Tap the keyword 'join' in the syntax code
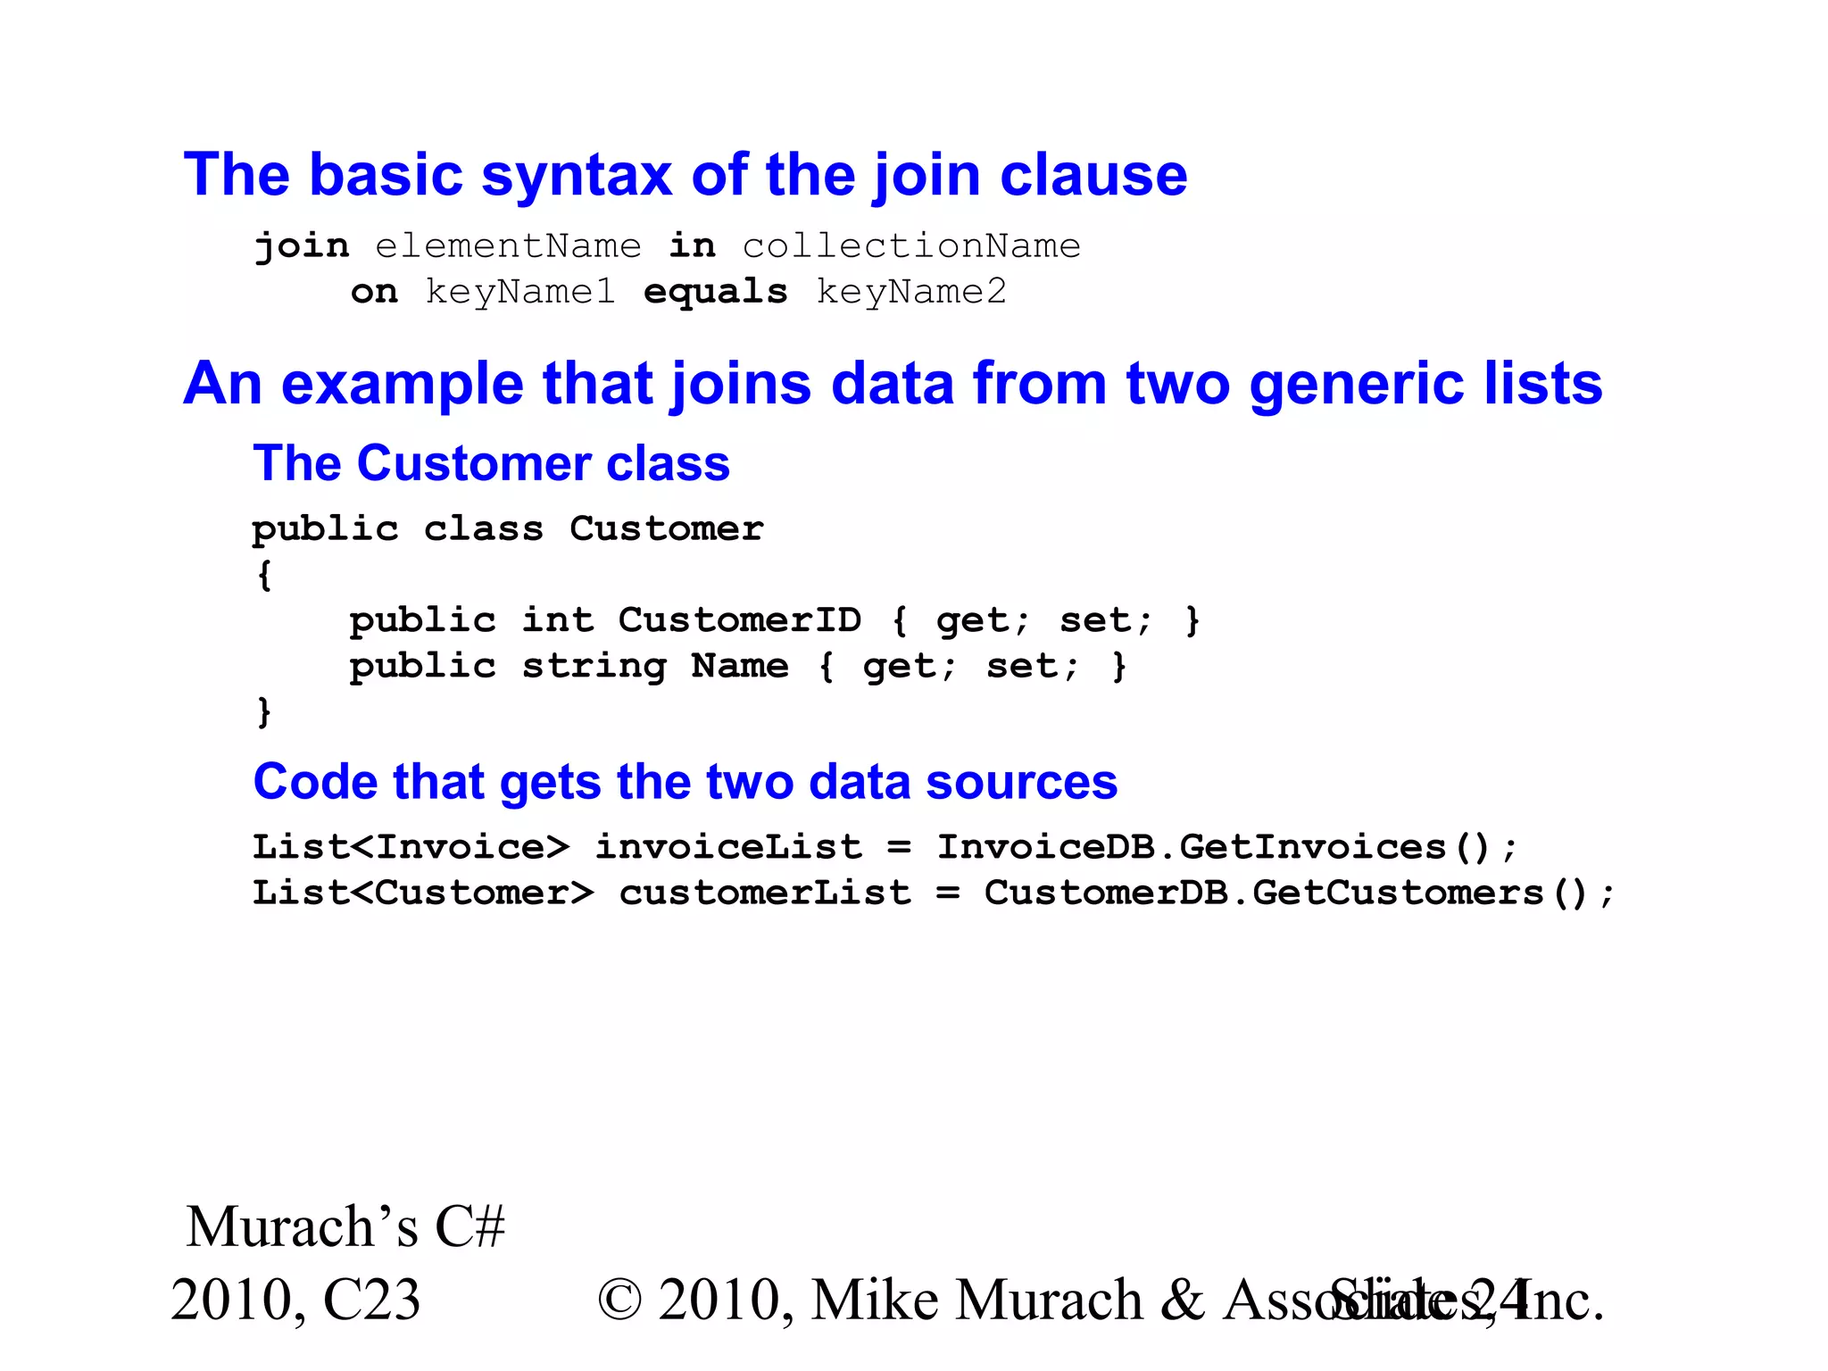[x=302, y=246]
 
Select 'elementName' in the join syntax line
[x=508, y=246]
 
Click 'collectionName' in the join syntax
[x=911, y=246]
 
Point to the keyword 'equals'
[x=716, y=292]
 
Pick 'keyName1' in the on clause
[x=520, y=292]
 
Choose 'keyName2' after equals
[x=911, y=292]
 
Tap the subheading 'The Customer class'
[x=492, y=463]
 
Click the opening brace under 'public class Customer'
[x=264, y=575]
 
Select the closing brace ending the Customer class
[x=264, y=712]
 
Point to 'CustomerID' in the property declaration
[x=740, y=620]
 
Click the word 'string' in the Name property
[x=594, y=667]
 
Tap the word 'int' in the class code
[x=558, y=620]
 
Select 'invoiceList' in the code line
[x=728, y=847]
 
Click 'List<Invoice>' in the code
[x=411, y=847]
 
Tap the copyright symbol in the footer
[x=620, y=1300]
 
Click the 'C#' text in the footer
[x=470, y=1226]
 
